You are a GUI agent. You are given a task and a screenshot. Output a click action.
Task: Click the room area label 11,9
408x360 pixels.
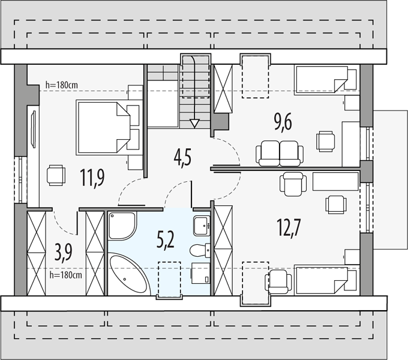point(92,178)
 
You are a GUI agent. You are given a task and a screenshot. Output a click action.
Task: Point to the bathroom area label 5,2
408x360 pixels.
point(165,240)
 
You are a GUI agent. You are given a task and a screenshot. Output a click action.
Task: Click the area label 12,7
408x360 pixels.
point(289,227)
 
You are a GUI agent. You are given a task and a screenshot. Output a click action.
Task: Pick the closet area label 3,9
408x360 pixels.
point(63,253)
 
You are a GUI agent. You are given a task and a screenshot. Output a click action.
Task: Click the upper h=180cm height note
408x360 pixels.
point(61,85)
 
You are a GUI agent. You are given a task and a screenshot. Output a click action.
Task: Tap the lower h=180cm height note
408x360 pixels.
point(65,275)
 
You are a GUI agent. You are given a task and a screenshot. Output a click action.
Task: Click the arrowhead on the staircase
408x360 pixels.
point(194,123)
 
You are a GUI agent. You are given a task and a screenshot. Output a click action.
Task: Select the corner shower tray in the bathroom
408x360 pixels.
point(122,225)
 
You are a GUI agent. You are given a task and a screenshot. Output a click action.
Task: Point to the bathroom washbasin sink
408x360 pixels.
point(202,226)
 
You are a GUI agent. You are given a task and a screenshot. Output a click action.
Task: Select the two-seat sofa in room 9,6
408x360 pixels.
point(280,154)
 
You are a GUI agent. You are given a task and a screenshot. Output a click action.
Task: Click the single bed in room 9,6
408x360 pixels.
point(326,80)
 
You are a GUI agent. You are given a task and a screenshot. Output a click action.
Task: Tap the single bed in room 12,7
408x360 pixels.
point(326,280)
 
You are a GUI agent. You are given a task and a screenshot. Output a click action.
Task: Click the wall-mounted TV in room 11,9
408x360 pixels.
point(34,129)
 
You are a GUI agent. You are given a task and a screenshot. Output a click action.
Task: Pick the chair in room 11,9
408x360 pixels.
point(56,175)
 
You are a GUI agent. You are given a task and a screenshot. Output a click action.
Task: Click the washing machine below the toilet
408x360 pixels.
point(200,273)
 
